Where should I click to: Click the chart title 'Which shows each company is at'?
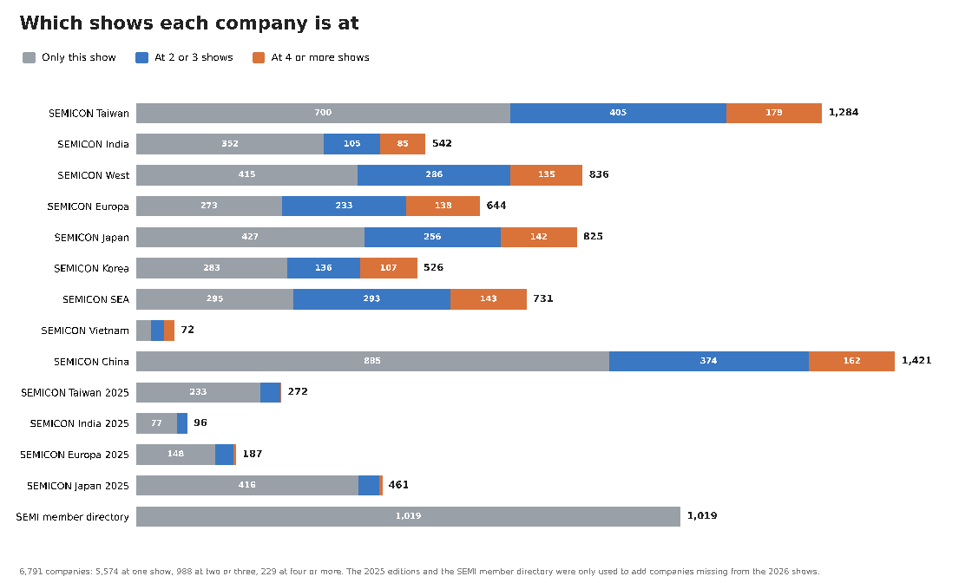coord(189,23)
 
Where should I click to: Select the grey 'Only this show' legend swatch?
coord(29,57)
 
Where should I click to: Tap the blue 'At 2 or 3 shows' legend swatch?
coord(142,57)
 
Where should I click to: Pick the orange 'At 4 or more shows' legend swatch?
coord(259,57)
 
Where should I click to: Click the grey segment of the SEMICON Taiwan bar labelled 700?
coord(323,113)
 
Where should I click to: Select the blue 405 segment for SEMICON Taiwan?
coord(618,113)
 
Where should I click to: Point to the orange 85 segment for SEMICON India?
coord(403,144)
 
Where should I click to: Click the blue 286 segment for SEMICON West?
coord(434,174)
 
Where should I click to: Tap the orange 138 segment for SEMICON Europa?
coord(443,206)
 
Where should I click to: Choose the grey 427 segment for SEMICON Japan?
coord(251,237)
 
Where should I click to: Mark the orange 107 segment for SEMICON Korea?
coord(389,268)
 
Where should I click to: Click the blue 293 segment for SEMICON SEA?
coord(372,298)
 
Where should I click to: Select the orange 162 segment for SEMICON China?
coord(851,361)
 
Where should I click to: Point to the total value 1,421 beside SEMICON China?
coord(916,361)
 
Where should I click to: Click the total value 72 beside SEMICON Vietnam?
coord(187,330)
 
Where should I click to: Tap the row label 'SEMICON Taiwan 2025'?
coord(75,393)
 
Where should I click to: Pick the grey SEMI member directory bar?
coord(408,516)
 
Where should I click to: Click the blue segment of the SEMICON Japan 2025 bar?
coord(369,485)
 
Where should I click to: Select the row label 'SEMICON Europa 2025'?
coord(75,455)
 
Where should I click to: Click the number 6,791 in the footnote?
coord(31,571)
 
